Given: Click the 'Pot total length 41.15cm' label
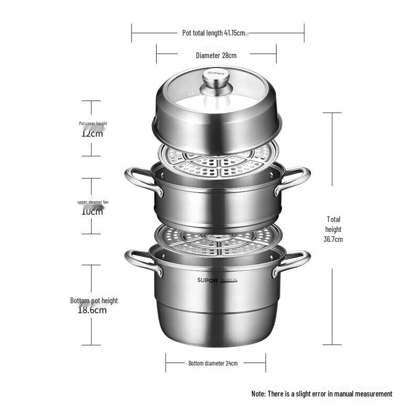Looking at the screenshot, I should click(x=214, y=33).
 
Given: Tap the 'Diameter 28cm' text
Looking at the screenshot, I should click(x=216, y=55).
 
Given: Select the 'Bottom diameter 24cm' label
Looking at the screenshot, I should click(x=213, y=363).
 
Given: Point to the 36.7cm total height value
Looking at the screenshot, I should click(x=333, y=239).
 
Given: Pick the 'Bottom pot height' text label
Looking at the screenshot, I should click(x=94, y=301).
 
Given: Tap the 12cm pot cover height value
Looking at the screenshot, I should click(x=92, y=133).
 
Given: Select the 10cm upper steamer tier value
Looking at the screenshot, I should click(x=92, y=211).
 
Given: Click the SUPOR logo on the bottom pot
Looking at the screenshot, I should click(x=207, y=280).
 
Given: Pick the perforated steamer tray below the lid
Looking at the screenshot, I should click(x=217, y=160).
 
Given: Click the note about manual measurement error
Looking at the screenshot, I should click(x=322, y=393).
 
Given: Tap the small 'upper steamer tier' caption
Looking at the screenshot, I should click(x=93, y=202).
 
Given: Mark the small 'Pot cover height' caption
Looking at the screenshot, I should click(x=93, y=124).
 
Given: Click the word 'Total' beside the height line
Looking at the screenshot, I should click(x=333, y=219).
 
